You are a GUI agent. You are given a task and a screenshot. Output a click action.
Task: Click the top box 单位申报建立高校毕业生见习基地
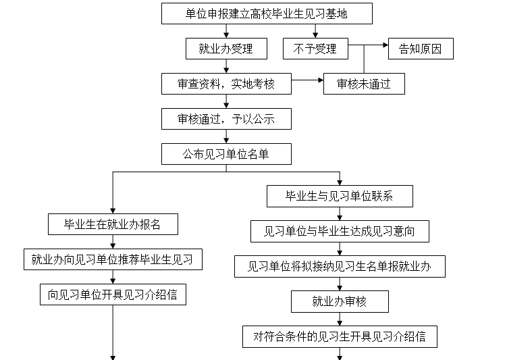coord(267,14)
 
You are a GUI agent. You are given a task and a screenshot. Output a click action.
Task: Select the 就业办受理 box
coord(226,49)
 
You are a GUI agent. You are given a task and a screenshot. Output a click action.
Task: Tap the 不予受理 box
coord(315,49)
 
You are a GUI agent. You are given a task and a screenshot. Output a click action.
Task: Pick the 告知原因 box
coord(421,49)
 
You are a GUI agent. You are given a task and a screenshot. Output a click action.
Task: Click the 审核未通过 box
coord(364,84)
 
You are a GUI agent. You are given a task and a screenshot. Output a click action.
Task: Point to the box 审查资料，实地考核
coord(226,84)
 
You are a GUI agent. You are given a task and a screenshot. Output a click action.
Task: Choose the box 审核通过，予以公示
coord(226,119)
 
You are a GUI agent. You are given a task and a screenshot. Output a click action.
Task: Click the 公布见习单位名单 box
coord(226,154)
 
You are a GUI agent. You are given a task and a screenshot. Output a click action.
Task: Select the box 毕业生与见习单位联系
coord(340,196)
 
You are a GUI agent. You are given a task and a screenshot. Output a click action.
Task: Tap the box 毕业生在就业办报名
coord(113,224)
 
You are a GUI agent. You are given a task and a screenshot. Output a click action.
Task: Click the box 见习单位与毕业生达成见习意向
coord(340,232)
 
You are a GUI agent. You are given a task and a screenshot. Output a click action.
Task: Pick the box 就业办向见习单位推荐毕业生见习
coord(113,259)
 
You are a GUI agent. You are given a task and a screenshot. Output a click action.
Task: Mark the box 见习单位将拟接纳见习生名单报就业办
coord(340,266)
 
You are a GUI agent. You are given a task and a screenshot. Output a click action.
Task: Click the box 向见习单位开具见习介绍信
coord(113,294)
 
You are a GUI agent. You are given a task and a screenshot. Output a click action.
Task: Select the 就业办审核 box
coord(340,302)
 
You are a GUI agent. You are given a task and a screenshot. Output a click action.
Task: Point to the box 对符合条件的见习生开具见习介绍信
coord(340,336)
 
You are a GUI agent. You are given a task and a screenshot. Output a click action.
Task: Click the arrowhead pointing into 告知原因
coord(385,45)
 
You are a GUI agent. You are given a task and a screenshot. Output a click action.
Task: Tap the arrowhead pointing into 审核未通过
coord(321,80)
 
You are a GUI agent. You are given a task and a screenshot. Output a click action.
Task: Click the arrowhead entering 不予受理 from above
coord(315,35)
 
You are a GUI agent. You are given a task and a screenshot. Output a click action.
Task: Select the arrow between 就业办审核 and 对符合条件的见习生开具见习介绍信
coord(340,319)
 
